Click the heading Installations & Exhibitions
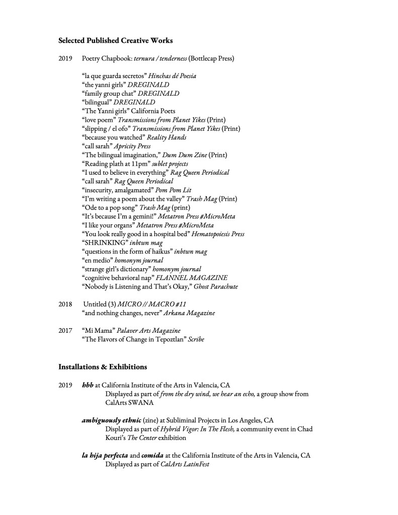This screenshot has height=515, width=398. coord(103,366)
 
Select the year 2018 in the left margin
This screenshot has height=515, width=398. coord(66,304)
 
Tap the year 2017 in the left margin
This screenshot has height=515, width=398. coord(66,330)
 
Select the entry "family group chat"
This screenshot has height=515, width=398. coord(108,94)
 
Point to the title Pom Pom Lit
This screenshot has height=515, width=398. coord(173,190)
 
